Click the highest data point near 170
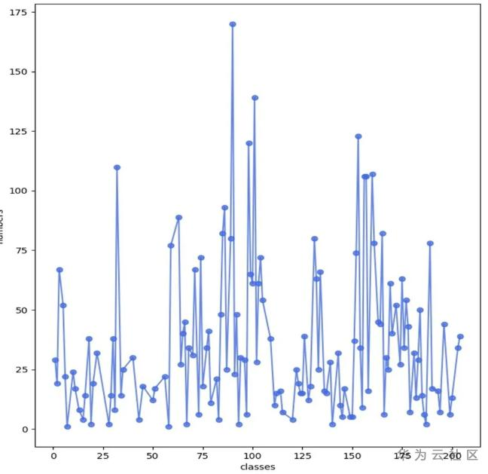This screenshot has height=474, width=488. click(x=233, y=24)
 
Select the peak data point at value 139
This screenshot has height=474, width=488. click(x=255, y=97)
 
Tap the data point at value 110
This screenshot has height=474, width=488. click(x=117, y=167)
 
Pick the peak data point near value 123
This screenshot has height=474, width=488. click(x=358, y=136)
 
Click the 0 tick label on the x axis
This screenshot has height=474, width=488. click(x=53, y=457)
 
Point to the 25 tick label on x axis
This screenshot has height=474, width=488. click(x=102, y=457)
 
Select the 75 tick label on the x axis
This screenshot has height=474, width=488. click(x=203, y=457)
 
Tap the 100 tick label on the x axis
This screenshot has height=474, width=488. click(x=252, y=457)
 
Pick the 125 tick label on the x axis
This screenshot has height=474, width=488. click(x=302, y=457)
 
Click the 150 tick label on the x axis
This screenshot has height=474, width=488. click(x=352, y=457)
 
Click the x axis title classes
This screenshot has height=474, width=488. click(x=257, y=467)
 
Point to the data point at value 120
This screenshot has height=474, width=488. click(x=249, y=143)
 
